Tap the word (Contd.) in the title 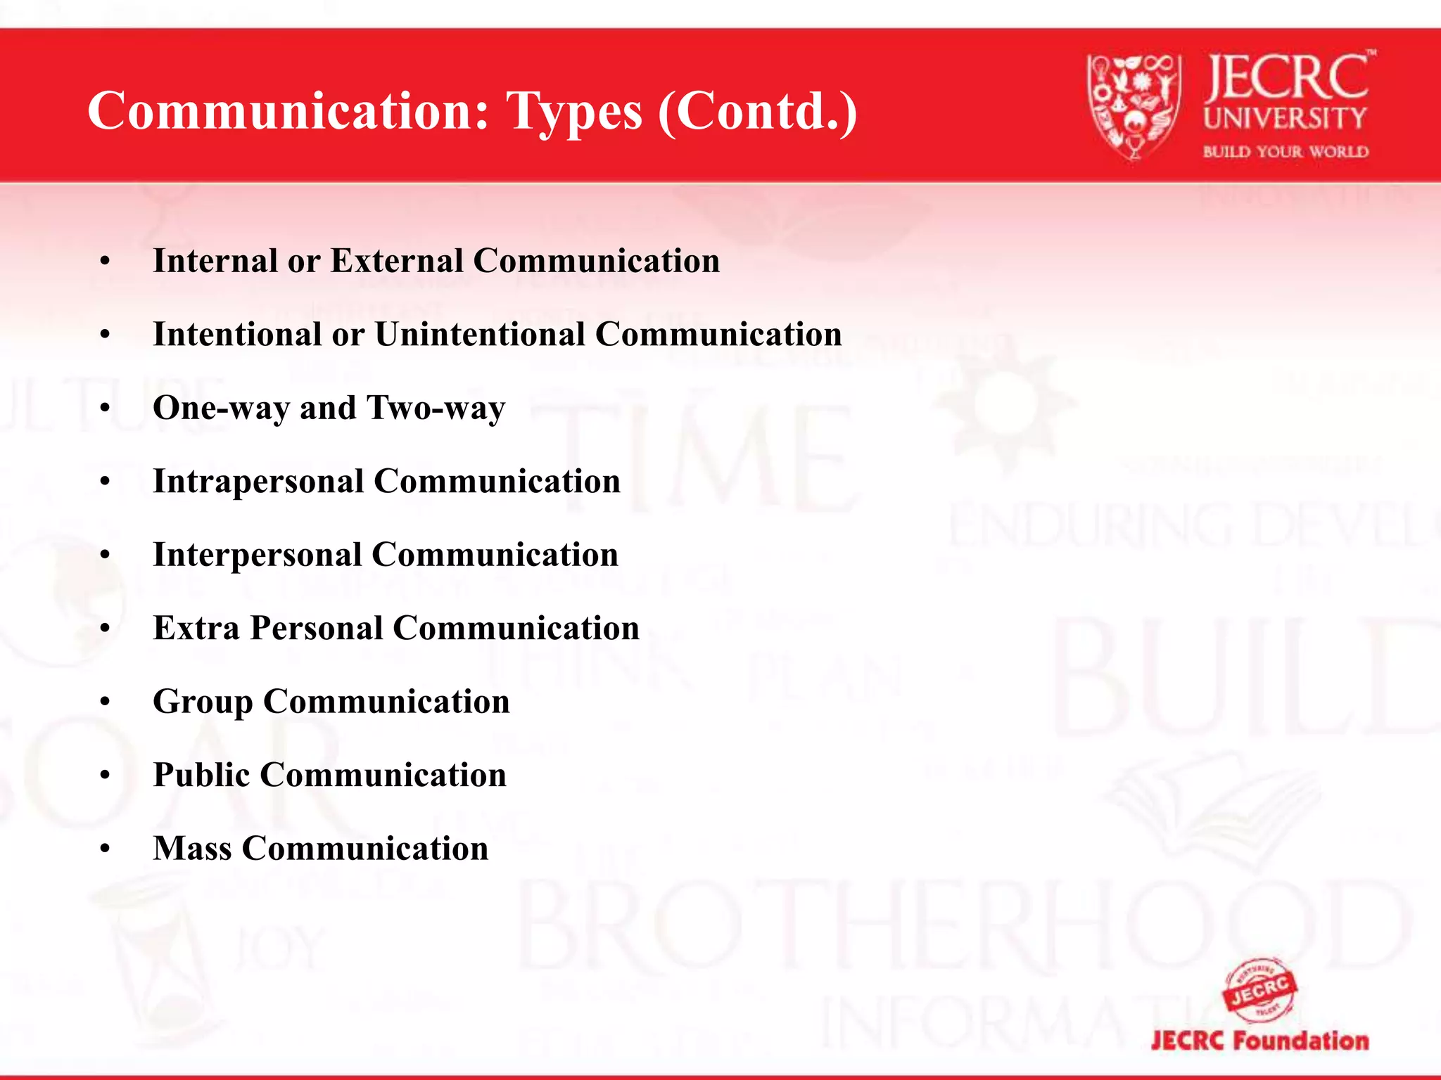[758, 111]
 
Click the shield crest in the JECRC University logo [1132, 105]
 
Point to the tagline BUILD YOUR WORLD [1286, 152]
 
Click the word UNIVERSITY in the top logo [1285, 118]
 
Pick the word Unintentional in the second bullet [479, 334]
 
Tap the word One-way [220, 408]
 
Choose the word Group [203, 702]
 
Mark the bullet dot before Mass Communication [106, 849]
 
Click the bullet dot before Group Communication [106, 702]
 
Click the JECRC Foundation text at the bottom [1260, 1041]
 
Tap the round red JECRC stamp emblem [1260, 991]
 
